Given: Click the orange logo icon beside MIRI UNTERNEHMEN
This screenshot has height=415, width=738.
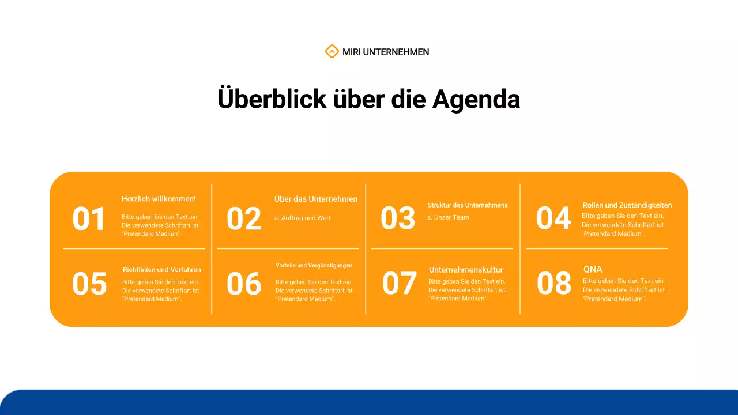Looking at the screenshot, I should [x=332, y=52].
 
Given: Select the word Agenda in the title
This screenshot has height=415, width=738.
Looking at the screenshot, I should [x=476, y=99].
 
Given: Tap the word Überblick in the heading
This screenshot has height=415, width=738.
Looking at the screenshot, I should [x=272, y=99].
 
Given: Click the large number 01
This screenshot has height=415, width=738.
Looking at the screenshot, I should [x=89, y=220].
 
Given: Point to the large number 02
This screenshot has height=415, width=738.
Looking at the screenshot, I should [x=244, y=220].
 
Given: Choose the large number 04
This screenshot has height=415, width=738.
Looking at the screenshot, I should [x=553, y=218].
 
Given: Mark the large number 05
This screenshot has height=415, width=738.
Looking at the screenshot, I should [x=89, y=284].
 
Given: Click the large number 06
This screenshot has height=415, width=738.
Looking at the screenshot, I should [x=244, y=284].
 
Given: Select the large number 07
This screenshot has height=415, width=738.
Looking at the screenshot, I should [x=399, y=284].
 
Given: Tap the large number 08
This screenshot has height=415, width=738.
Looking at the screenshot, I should [x=554, y=284].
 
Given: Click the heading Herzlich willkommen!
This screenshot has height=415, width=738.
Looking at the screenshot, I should [x=159, y=199].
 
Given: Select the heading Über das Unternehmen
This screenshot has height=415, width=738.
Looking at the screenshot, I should [x=316, y=199].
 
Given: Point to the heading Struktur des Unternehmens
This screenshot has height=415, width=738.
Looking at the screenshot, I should [x=468, y=205].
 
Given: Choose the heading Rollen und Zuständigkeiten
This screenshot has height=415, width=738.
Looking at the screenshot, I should [x=627, y=205].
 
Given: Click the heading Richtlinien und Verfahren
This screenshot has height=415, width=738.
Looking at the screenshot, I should [x=162, y=270].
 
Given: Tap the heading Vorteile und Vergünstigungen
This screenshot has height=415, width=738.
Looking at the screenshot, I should [x=314, y=266].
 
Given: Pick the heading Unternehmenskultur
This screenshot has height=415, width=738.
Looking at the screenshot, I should [x=466, y=270].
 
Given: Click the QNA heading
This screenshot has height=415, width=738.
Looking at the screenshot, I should [x=593, y=269].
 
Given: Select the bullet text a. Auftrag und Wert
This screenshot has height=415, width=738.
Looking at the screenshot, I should [x=303, y=218].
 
